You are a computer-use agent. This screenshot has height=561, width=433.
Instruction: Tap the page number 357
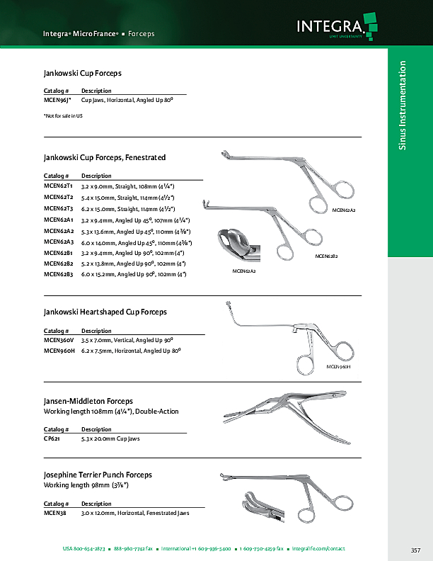[415, 550]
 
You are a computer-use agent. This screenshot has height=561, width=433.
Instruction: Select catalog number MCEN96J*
[58, 101]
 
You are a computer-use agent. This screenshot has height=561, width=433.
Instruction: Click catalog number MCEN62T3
[58, 209]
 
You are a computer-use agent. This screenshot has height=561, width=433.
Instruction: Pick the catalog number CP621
[53, 439]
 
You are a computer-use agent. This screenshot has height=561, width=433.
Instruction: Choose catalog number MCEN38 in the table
[54, 513]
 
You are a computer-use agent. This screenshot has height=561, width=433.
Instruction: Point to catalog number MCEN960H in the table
[59, 351]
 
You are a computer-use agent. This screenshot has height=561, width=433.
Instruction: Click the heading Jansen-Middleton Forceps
[88, 402]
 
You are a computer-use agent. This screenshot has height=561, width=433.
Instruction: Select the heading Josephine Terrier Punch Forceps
[98, 475]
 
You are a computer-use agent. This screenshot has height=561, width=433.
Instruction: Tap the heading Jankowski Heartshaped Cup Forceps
[105, 311]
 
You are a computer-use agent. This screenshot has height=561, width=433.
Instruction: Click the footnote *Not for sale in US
[63, 115]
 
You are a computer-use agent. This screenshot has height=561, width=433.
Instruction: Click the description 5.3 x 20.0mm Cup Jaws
[110, 439]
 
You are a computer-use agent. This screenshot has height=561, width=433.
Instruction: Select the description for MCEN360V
[128, 341]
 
